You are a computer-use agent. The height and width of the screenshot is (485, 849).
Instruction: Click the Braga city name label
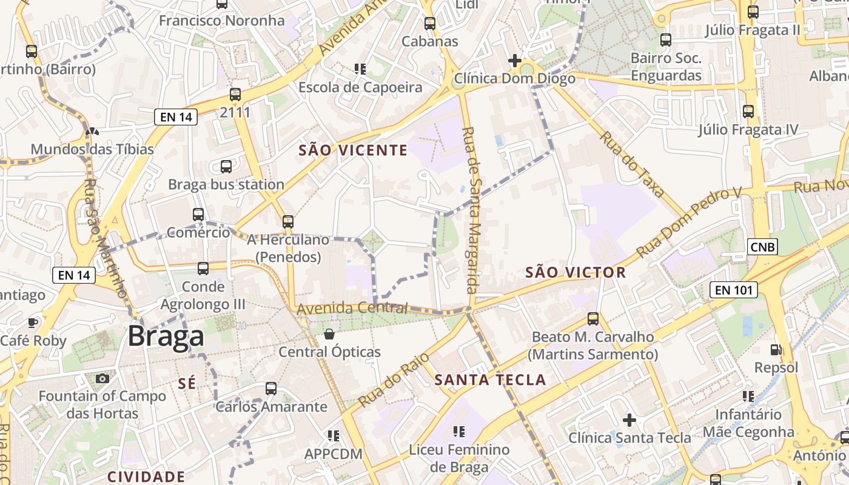pos(165,336)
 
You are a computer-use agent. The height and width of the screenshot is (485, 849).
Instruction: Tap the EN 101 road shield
pos(734,290)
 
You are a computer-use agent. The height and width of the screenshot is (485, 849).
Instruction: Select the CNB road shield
pos(762,247)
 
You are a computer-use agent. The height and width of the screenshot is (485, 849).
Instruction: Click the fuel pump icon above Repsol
pos(776,349)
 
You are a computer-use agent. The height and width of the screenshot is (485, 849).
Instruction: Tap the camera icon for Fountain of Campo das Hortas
pos(102,378)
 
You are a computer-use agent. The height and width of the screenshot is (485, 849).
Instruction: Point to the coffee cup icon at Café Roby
pos(33,323)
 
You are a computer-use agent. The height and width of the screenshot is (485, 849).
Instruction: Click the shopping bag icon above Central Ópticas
pos(329,334)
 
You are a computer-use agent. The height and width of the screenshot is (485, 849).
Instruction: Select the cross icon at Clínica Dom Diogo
pos(514,61)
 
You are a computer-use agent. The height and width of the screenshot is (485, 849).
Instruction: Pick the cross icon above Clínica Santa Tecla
pos(629,420)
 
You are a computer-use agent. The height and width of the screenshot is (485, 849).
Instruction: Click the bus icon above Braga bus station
pos(226,166)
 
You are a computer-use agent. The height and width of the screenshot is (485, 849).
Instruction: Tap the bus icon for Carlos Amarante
pos(271,389)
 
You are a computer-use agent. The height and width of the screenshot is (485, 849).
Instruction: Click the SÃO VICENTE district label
pos(353,150)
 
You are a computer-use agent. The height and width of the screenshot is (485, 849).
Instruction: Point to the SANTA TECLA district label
pos(491,380)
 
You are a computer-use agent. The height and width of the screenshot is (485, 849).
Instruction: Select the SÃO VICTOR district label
pos(576,272)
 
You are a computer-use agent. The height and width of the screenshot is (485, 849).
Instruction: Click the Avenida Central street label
pos(352,309)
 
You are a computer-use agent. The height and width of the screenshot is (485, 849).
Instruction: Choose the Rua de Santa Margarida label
pos(471,210)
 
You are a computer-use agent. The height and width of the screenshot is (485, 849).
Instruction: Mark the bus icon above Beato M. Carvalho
pos(593,319)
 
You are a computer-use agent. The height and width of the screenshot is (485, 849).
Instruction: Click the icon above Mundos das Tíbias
pos(92,131)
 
